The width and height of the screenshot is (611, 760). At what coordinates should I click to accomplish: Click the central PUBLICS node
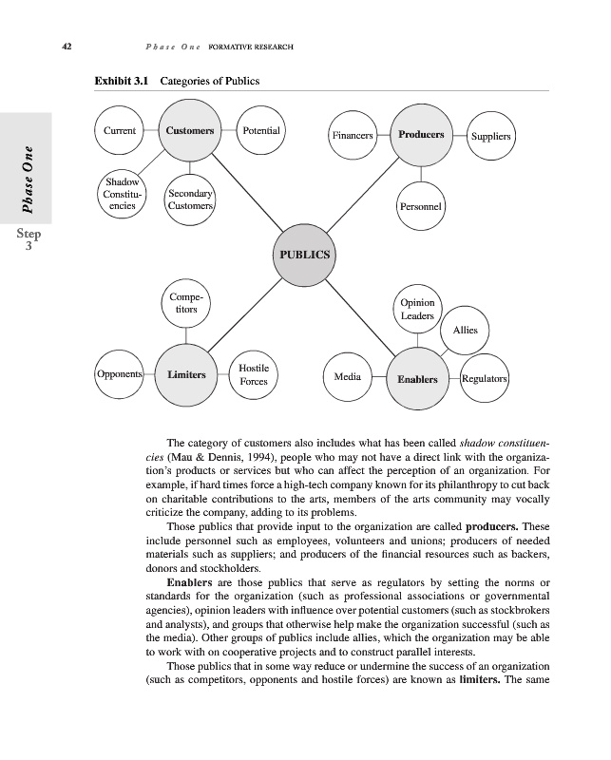(305, 255)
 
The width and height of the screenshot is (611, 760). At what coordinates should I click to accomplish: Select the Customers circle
(189, 131)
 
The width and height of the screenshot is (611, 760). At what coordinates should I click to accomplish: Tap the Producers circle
(421, 136)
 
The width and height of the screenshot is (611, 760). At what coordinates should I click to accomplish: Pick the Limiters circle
(186, 375)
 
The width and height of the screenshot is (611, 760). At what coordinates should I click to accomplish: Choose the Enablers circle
(417, 379)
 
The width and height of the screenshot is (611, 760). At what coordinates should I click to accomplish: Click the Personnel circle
(419, 206)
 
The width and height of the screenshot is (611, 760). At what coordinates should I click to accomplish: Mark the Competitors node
(186, 303)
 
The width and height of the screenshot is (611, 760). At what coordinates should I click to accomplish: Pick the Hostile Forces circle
(254, 375)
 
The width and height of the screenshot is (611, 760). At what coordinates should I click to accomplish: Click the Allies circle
(465, 331)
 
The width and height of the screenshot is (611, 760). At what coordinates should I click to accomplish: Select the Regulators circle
(485, 378)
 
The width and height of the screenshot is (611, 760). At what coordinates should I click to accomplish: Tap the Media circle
(347, 377)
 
